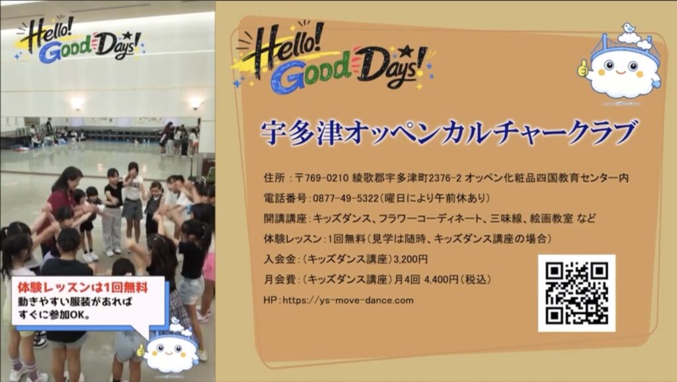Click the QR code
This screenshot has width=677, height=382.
coord(577,293)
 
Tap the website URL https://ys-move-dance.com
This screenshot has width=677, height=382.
coord(348,301)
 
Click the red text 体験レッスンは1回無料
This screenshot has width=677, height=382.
coord(83,288)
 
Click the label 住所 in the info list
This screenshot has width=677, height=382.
coord(274,177)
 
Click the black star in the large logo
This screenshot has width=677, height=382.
coord(405,52)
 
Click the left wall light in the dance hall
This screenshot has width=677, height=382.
coord(77,104)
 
